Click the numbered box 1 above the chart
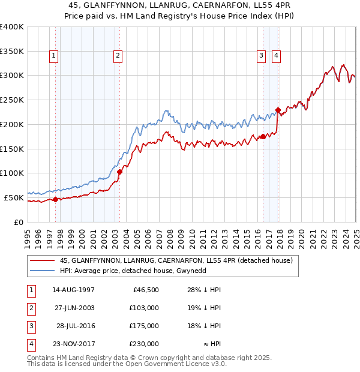tap(54, 56)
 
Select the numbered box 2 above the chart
tap(118, 56)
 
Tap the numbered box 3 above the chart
tap(262, 56)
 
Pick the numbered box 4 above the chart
tap(276, 56)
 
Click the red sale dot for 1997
tap(55, 199)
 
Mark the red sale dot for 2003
tap(119, 172)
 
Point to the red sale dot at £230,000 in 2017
tap(278, 110)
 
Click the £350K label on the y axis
tap(12, 51)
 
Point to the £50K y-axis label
tap(14, 197)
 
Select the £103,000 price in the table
tap(145, 308)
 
